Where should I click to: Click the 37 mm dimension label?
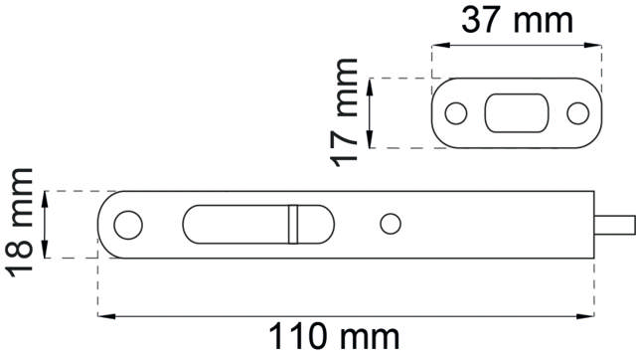(517, 19)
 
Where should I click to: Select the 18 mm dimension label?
(19, 224)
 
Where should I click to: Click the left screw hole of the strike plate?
(455, 113)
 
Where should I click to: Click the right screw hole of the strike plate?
(577, 113)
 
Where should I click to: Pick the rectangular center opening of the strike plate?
(516, 113)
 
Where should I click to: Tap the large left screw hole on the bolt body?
(127, 225)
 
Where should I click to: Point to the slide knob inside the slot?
(293, 224)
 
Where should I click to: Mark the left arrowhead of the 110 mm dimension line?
(103, 316)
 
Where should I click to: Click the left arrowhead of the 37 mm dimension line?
(438, 44)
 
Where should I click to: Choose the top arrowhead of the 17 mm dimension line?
(370, 84)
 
